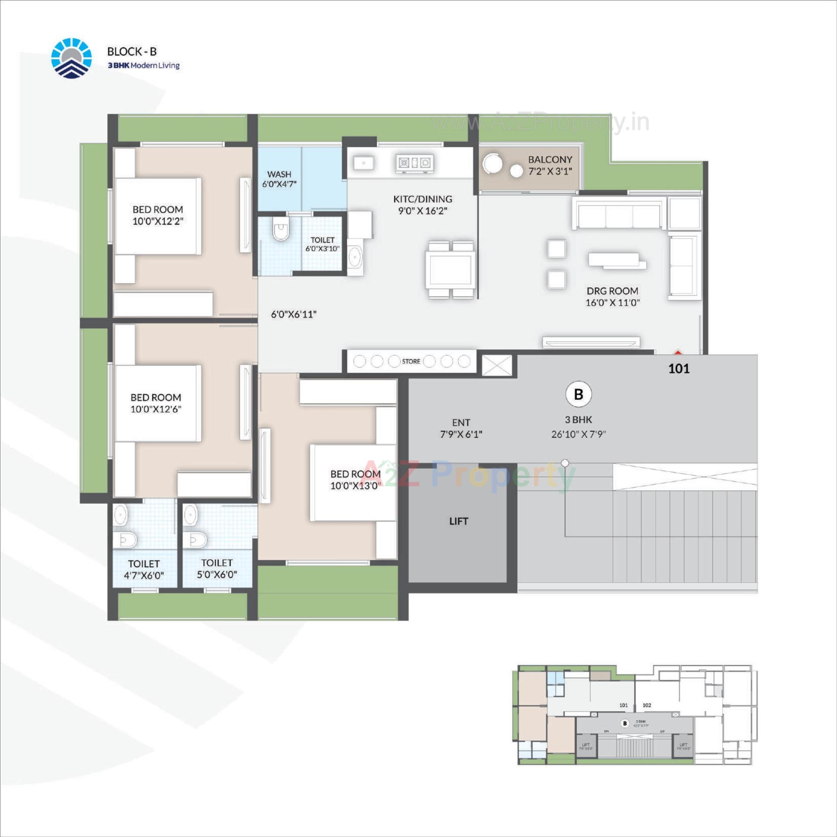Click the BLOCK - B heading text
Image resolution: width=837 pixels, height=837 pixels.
[x=132, y=51]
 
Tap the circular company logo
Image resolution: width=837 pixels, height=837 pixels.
[x=71, y=58]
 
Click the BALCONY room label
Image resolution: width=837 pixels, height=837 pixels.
[x=550, y=165]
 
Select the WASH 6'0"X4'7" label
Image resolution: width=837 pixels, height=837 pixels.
[x=279, y=179]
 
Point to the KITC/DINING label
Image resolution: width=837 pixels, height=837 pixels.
[x=422, y=204]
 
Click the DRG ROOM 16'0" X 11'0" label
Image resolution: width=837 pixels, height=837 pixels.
[x=612, y=296]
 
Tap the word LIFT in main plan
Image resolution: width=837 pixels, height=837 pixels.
[x=459, y=521]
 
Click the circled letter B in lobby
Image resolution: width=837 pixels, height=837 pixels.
[x=578, y=394]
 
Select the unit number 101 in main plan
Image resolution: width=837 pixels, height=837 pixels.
[x=679, y=369]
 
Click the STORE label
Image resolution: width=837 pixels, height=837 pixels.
[x=411, y=361]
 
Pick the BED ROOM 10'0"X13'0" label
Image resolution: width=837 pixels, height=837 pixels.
[x=355, y=480]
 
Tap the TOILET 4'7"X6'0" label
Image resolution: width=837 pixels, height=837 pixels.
[x=144, y=569]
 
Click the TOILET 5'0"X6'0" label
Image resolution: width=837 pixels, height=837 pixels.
[x=217, y=568]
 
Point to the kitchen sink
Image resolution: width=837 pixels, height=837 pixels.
[x=363, y=163]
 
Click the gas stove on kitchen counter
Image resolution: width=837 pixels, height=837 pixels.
[x=414, y=163]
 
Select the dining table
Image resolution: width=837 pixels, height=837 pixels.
[x=451, y=269]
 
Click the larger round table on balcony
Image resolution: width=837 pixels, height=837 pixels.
[x=492, y=164]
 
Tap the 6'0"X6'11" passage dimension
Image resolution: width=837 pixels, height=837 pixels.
[x=293, y=314]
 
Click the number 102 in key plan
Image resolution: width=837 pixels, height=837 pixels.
[x=646, y=705]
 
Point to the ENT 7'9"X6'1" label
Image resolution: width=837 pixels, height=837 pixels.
[x=461, y=428]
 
